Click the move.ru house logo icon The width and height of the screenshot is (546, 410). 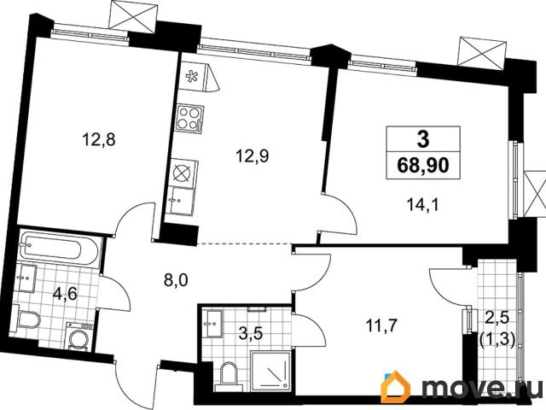(x=396, y=389)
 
